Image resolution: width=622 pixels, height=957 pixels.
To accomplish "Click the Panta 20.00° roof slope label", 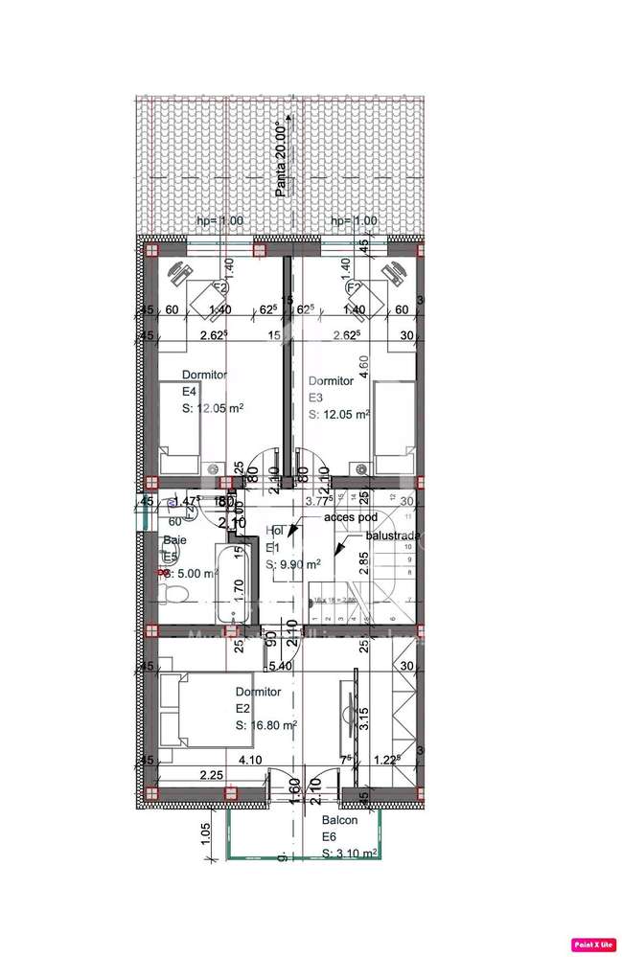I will coord(281,159).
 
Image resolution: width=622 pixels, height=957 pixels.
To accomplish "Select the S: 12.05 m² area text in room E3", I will coord(339,415).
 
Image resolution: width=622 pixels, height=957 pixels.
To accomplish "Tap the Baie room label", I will coord(173,540).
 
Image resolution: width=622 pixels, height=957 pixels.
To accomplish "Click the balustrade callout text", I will coord(392,537).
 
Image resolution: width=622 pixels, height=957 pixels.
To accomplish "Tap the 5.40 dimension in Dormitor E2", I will coord(280,666).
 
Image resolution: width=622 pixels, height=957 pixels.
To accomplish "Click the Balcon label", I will coord(339,820).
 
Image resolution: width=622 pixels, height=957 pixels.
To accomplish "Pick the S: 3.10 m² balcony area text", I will coord(349,853).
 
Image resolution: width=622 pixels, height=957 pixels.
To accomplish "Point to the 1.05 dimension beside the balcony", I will coord(206,834).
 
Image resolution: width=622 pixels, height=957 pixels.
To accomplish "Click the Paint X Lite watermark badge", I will coord(593,944).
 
